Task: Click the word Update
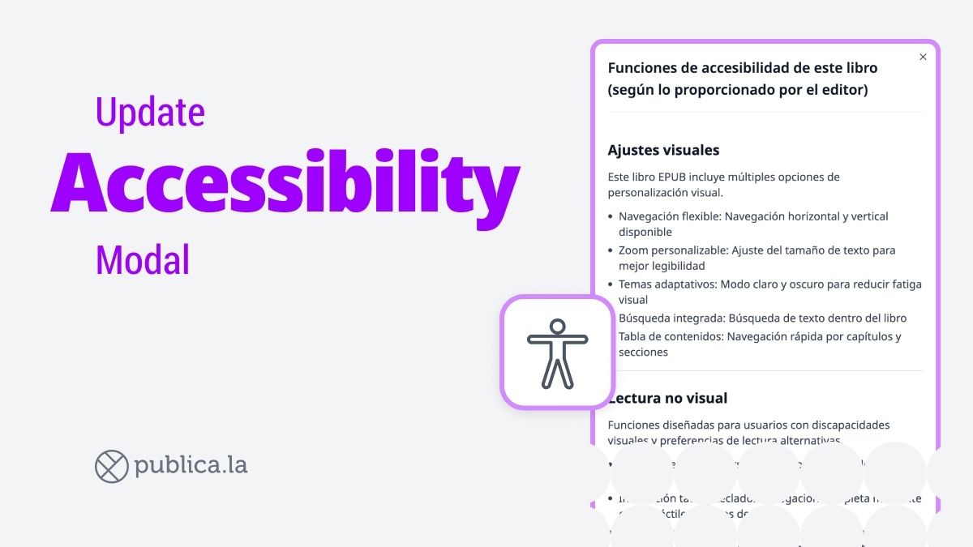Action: (150, 112)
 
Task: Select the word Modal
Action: (143, 259)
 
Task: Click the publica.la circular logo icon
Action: (112, 466)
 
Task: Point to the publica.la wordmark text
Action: (191, 466)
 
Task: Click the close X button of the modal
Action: (923, 57)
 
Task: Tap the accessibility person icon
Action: (557, 353)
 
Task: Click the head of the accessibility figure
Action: (557, 327)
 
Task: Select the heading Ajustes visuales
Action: (663, 150)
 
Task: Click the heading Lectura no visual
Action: (670, 398)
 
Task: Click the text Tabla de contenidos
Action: (671, 336)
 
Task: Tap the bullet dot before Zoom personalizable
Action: (611, 251)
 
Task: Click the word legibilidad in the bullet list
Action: (674, 266)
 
